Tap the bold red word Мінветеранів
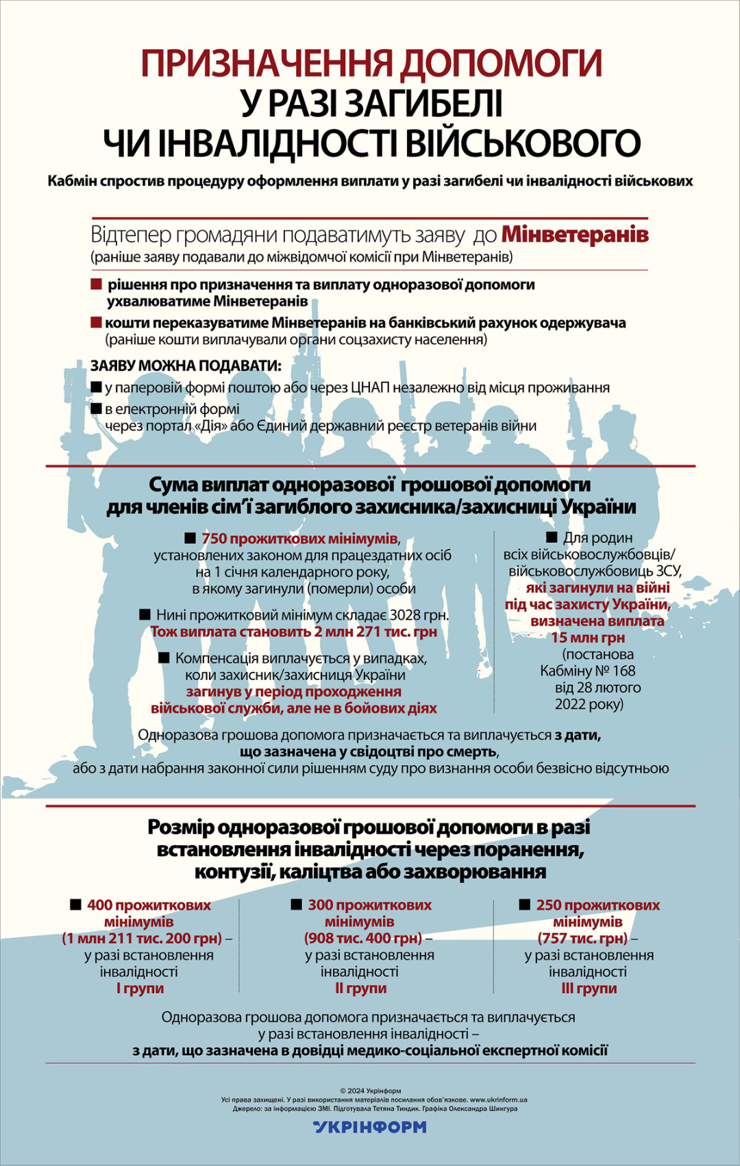575,234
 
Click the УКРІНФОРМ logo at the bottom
370,1127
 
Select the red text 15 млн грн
588,637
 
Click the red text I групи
140,988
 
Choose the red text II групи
360,988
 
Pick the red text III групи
589,988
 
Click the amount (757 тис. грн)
582,938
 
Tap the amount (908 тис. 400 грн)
363,938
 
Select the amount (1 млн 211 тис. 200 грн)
143,938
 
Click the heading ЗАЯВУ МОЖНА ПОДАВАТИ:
186,366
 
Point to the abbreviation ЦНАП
370,388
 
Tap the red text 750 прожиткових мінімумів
299,538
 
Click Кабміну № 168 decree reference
588,671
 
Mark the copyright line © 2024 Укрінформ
370,1091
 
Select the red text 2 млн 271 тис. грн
375,632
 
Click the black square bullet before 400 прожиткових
76,905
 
